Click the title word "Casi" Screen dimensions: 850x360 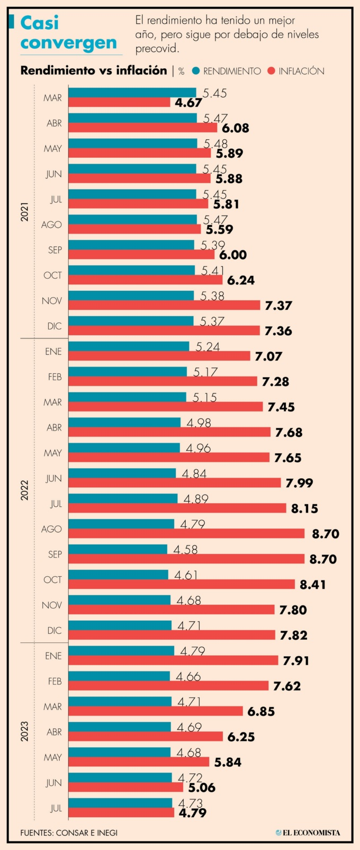[40, 23]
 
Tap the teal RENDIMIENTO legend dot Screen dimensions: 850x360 [196, 71]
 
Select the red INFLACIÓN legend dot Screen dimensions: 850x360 [272, 71]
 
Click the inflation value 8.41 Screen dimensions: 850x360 [312, 585]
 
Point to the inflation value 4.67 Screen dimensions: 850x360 [188, 103]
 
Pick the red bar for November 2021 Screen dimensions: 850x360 [164, 305]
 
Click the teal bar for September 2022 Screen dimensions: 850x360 [118, 549]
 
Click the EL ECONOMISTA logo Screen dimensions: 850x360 [308, 833]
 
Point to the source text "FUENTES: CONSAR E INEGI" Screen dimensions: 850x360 [69, 833]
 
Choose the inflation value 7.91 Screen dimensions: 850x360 [296, 661]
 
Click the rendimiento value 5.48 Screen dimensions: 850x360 [215, 144]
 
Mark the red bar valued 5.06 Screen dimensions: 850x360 [125, 787]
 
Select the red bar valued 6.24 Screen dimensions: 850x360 [146, 280]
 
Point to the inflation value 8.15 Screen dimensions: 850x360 [304, 508]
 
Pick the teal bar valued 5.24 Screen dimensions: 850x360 [129, 346]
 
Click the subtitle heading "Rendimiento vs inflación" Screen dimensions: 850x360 [93, 70]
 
